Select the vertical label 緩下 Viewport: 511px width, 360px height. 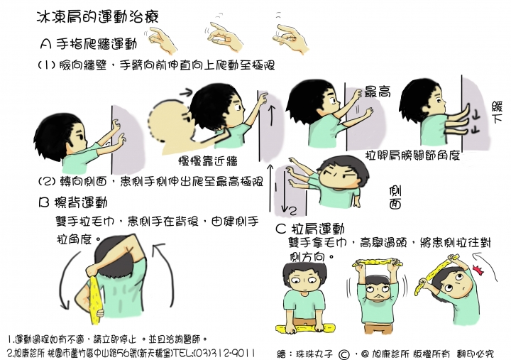496,114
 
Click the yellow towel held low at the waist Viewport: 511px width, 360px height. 305,329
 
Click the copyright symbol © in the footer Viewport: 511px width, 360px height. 343,351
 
